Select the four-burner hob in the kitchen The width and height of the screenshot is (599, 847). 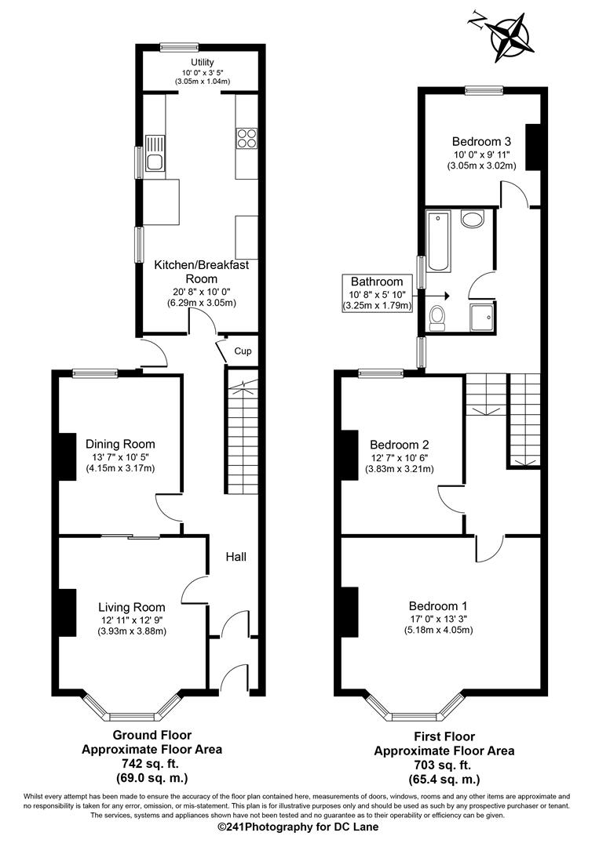click(247, 138)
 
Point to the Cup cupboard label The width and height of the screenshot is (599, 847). click(243, 351)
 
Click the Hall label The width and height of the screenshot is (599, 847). click(236, 557)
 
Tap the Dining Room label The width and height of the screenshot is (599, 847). click(120, 444)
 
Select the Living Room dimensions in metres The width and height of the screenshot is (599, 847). click(132, 631)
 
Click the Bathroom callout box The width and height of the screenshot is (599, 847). click(377, 293)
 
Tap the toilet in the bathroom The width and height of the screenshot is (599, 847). click(438, 317)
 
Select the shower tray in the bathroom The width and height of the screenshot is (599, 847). click(480, 318)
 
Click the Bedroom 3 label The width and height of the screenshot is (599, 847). click(481, 141)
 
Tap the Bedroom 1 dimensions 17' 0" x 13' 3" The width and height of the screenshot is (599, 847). click(438, 618)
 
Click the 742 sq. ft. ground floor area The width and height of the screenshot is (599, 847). click(152, 763)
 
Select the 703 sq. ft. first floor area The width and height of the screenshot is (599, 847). click(444, 765)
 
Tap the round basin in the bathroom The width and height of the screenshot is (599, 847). click(473, 219)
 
